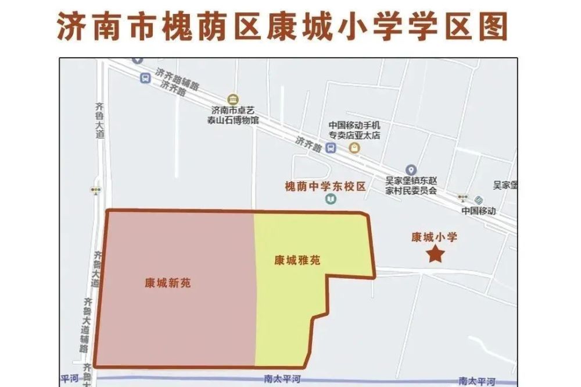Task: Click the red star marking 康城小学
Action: (x=435, y=254)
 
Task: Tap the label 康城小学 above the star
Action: (x=435, y=237)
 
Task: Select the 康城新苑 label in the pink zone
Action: (x=168, y=283)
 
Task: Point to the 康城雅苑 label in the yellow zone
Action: (x=297, y=261)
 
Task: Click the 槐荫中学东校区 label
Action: (x=325, y=187)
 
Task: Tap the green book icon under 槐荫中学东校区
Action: (x=330, y=200)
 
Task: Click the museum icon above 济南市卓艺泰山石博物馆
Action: (x=233, y=98)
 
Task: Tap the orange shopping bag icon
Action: (x=354, y=148)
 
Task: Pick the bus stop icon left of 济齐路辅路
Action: (x=145, y=79)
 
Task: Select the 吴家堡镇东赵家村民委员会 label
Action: (x=411, y=186)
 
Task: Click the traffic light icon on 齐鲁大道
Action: (x=95, y=190)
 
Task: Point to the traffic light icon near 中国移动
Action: (x=463, y=198)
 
